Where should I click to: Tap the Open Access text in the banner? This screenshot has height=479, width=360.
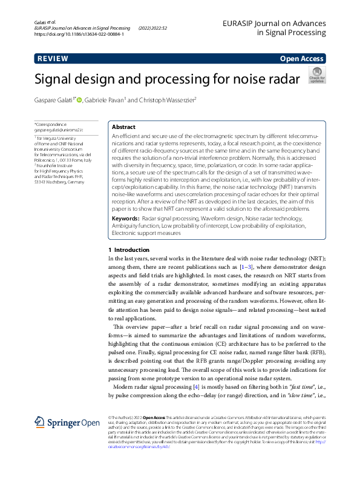pyautogui.click(x=301, y=59)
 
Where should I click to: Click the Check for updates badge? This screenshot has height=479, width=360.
pyautogui.click(x=316, y=75)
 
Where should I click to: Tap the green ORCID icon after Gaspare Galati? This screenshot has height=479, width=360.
pyautogui.click(x=96, y=100)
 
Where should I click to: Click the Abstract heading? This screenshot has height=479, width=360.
pyautogui.click(x=124, y=127)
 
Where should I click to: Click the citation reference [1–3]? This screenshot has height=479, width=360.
pyautogui.click(x=246, y=267)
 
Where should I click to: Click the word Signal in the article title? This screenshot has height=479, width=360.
pyautogui.click(x=59, y=79)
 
